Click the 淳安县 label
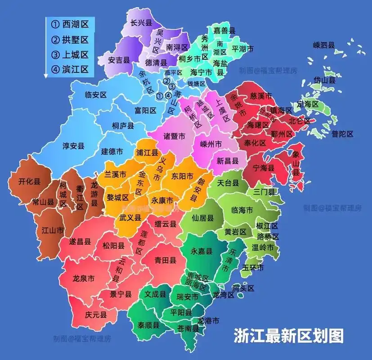point(74,146)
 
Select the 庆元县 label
point(95,315)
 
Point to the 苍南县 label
point(188,328)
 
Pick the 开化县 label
point(29,182)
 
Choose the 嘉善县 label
point(224,30)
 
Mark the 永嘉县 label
point(202,251)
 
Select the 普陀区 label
point(343,134)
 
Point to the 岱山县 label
point(325,80)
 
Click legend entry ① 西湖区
point(69,24)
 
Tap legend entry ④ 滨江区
point(69,69)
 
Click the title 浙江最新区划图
point(288,336)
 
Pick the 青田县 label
point(165,260)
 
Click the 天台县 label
point(228,183)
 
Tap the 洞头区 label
point(243,288)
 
